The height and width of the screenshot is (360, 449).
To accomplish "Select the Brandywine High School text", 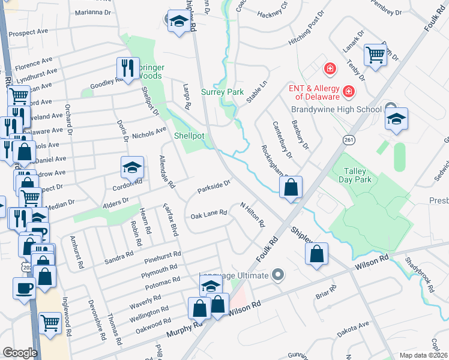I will (336, 110).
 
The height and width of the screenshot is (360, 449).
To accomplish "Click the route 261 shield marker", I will (348, 139).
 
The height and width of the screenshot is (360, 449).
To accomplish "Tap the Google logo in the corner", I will (20, 353).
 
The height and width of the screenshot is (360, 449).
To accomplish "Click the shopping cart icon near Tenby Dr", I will (375, 55).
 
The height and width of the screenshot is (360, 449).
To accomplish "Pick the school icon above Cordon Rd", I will (133, 168).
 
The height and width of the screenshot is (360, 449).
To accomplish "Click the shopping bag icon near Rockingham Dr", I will (291, 188).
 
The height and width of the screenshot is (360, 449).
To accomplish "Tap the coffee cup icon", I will (24, 289).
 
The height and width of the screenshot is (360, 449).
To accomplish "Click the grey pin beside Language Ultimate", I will (277, 275).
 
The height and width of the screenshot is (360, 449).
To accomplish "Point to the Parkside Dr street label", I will (214, 187).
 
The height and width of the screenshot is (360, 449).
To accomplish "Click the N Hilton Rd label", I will (253, 215).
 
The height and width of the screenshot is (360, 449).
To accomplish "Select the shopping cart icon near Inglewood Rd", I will (50, 323).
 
